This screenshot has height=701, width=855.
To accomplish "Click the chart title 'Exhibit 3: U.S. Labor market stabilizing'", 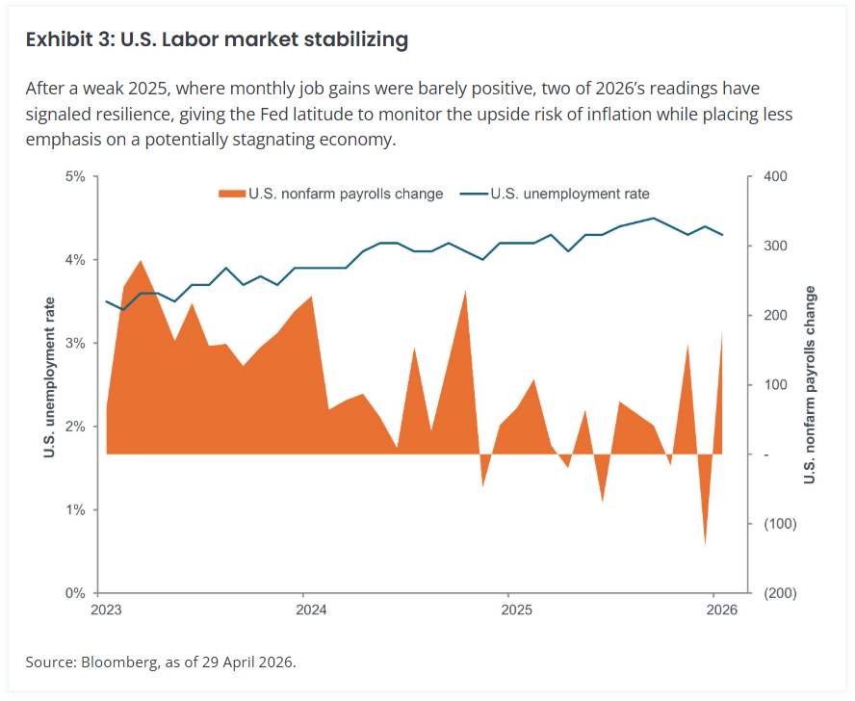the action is point(217,39).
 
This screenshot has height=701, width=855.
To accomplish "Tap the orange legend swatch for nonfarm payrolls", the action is point(232,194).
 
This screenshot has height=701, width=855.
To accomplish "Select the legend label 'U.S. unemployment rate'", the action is point(570,194).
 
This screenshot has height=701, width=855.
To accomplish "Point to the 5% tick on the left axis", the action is point(75,177).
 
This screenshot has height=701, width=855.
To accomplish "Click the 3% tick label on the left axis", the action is point(75,344).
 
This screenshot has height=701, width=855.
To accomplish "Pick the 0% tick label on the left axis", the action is point(75,593).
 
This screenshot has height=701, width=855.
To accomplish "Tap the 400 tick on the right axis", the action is point(775,177).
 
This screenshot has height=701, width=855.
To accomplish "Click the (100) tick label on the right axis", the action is point(780,524).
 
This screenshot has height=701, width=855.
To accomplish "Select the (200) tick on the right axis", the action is point(780,593).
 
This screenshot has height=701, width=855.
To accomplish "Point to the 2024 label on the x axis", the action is point(311,610).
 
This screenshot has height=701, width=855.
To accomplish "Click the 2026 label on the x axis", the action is point(721,610).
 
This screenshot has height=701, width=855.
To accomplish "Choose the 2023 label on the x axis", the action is point(106,610).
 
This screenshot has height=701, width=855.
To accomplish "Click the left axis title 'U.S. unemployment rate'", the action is point(50,377).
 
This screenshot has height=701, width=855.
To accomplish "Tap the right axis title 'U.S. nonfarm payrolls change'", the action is point(810,384).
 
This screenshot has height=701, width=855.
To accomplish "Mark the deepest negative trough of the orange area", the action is point(705,544).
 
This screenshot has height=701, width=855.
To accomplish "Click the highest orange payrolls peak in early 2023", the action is point(142,261).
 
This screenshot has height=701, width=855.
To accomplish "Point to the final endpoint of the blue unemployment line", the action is point(722,235).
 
